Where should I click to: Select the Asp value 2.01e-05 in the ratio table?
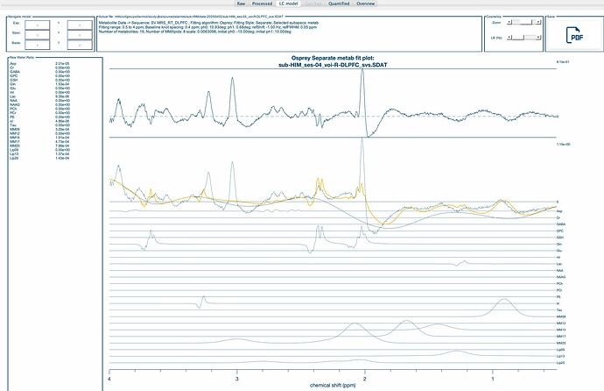pos(39,65)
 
